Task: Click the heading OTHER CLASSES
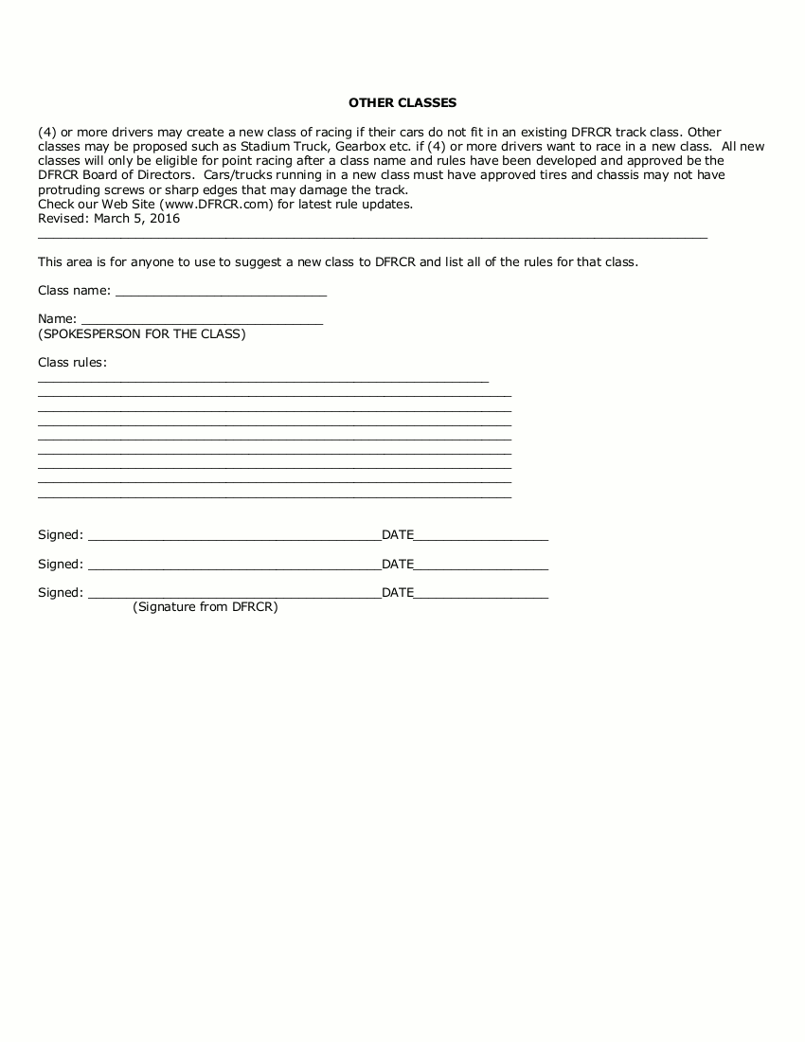pyautogui.click(x=402, y=102)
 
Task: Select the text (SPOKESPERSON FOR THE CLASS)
pyautogui.click(x=142, y=334)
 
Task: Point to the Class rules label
pyautogui.click(x=72, y=363)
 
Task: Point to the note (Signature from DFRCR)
pyautogui.click(x=206, y=607)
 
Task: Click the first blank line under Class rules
pyautogui.click(x=263, y=381)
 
